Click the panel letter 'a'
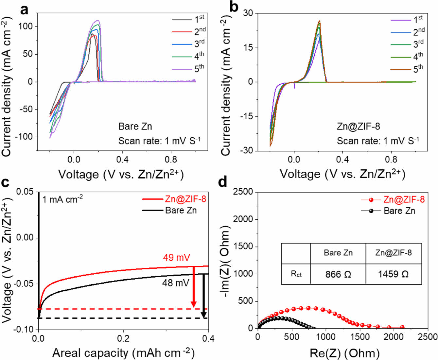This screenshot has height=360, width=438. [25, 10]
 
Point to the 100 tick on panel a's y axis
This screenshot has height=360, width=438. [26, 26]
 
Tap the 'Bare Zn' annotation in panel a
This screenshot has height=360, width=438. [135, 126]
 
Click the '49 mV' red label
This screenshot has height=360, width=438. [176, 258]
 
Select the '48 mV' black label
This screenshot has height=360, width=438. [176, 283]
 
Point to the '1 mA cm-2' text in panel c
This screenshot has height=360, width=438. [62, 199]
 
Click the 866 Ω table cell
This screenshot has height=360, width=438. [338, 274]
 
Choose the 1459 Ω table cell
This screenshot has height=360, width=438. [393, 274]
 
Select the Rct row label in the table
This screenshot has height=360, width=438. [296, 274]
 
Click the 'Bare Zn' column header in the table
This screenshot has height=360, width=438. [338, 253]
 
